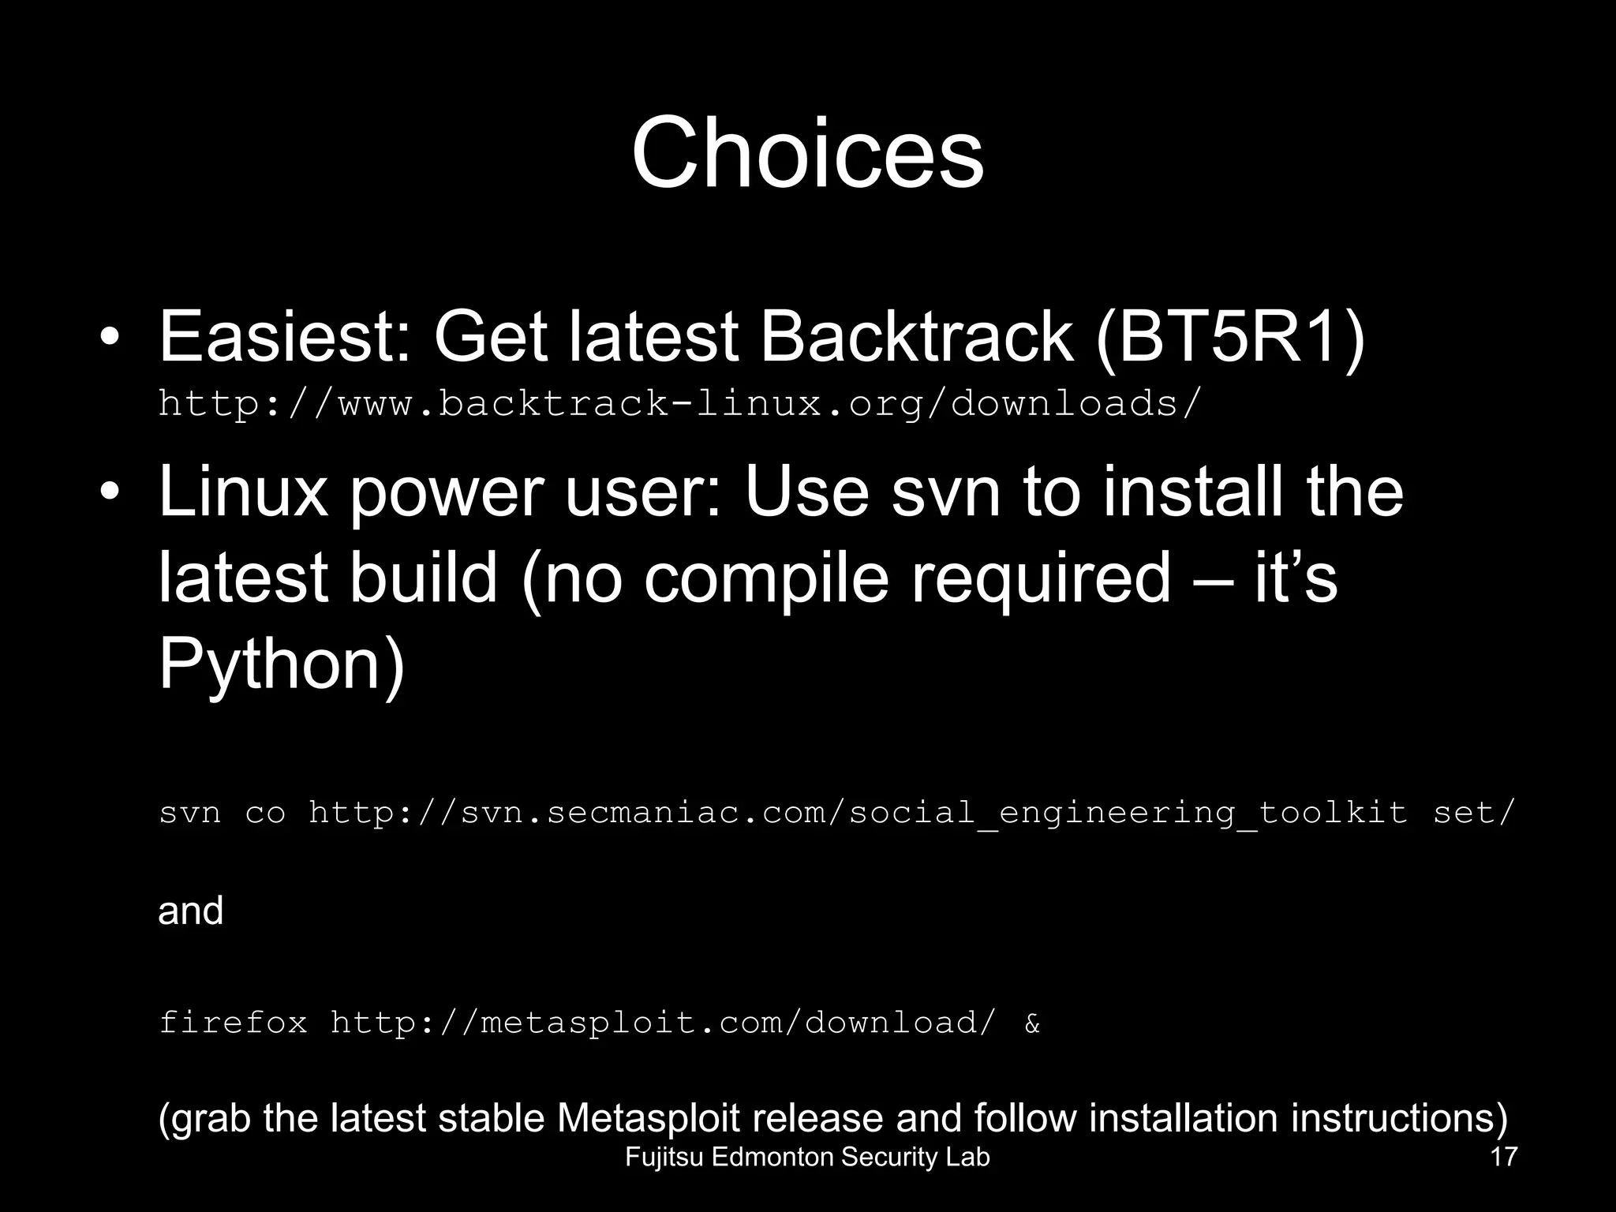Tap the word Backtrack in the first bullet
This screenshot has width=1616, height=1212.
(916, 337)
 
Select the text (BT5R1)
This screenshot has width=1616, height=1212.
(1230, 337)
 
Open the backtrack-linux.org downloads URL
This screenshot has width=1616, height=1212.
(679, 404)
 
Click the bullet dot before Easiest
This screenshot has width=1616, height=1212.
(110, 339)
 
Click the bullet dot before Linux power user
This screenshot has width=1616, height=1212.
(110, 492)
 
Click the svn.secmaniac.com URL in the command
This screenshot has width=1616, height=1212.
(858, 813)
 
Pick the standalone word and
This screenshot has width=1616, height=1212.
(190, 911)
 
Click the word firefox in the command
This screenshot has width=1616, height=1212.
(233, 1023)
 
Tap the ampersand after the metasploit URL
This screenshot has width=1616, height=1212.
(1032, 1024)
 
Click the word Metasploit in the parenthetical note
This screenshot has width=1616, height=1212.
(649, 1118)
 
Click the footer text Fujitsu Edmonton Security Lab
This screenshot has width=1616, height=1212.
(807, 1158)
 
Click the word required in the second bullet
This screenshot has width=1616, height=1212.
(1041, 577)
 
